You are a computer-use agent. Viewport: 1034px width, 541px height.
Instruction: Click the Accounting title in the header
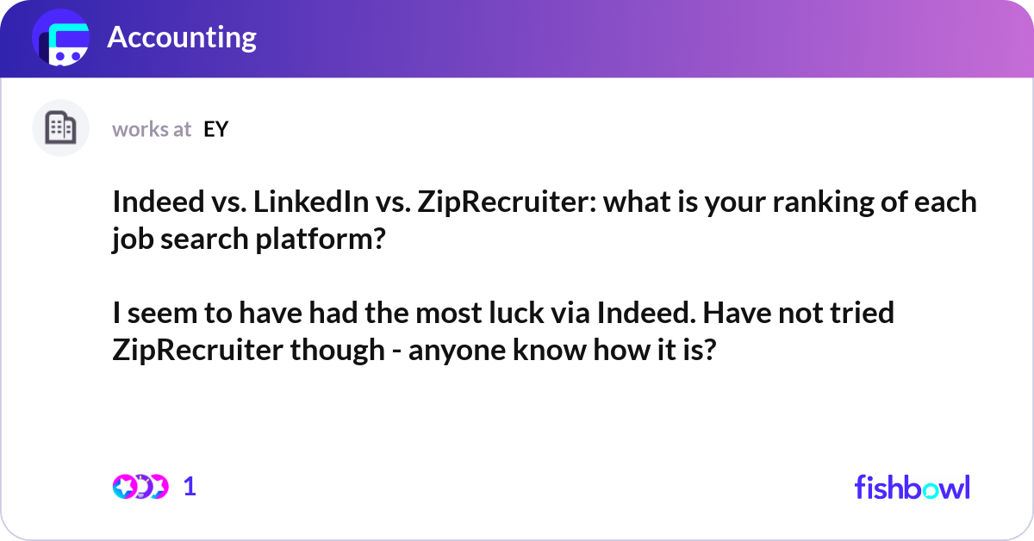click(x=182, y=38)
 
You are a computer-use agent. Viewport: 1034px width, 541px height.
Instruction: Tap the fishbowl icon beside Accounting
click(x=61, y=39)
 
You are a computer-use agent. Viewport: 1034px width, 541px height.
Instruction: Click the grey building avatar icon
click(x=60, y=128)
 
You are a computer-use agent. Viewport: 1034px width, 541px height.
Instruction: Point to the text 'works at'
click(x=152, y=129)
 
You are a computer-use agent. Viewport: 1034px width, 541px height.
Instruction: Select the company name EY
click(x=215, y=129)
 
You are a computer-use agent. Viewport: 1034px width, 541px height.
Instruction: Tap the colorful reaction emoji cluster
click(x=140, y=487)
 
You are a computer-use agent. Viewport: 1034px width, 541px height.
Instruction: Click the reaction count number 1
click(x=190, y=487)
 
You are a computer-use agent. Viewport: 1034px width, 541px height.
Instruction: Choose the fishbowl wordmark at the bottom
click(x=912, y=487)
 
